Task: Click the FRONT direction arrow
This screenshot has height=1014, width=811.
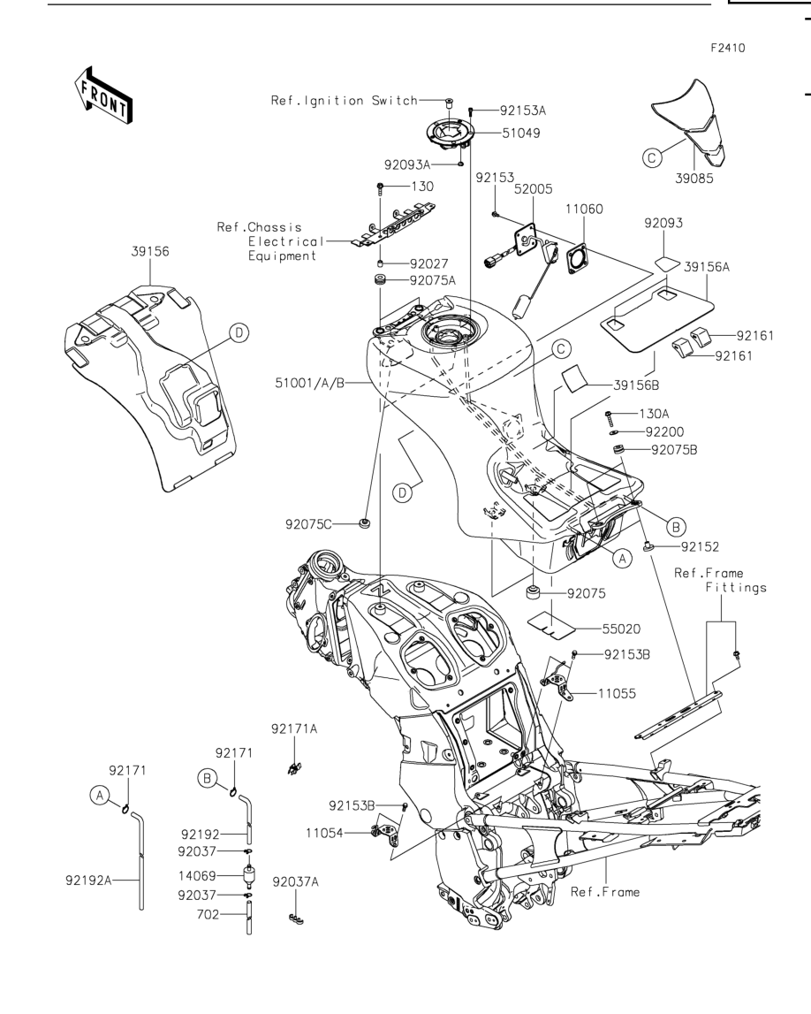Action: [103, 95]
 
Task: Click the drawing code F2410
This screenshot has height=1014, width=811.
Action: [728, 48]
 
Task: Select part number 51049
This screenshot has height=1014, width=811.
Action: [521, 133]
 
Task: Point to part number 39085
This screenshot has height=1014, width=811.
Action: [694, 179]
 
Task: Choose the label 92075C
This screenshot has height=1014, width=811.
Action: [308, 524]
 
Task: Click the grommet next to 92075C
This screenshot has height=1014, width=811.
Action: [365, 522]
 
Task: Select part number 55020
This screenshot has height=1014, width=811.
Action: [622, 629]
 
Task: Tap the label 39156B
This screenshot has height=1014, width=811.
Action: [636, 385]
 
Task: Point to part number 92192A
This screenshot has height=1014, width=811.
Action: [88, 881]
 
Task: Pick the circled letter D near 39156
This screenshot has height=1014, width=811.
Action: [239, 333]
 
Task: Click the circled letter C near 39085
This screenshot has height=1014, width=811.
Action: [652, 157]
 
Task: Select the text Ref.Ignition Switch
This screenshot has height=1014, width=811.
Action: [345, 100]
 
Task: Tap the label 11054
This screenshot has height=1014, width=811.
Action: [324, 834]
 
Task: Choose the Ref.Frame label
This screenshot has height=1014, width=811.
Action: [605, 892]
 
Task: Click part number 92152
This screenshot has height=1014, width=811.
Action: [700, 547]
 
